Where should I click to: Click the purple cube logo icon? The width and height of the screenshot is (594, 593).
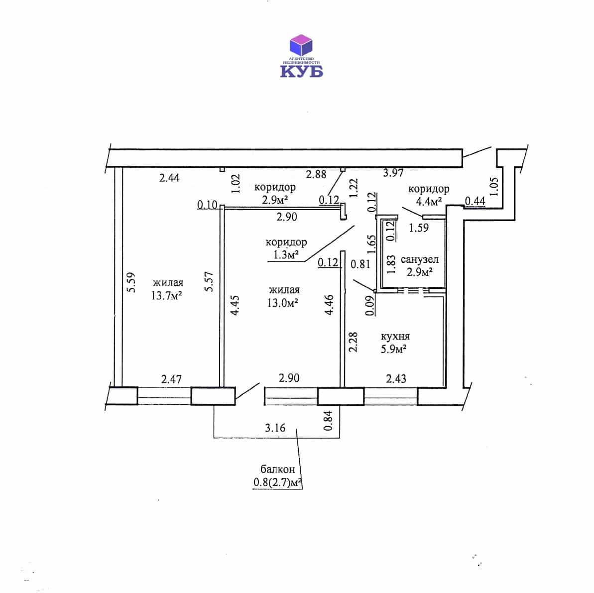[x=301, y=45]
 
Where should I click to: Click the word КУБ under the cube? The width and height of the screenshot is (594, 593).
[x=301, y=71]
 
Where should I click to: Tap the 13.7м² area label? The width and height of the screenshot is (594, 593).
[x=167, y=296]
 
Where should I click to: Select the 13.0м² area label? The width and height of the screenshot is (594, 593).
[x=283, y=303]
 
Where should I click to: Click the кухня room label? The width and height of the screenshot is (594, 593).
[x=395, y=337]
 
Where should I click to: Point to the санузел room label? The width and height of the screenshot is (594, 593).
[x=420, y=259]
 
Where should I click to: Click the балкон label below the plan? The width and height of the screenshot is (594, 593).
[x=278, y=469]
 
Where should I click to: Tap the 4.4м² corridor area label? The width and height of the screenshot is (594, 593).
[x=429, y=202]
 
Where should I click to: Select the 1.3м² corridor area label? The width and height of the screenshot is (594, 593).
[x=286, y=254]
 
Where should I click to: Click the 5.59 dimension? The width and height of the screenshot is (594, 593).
[x=130, y=282]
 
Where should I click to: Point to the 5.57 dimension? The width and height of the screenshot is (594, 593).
[x=209, y=281]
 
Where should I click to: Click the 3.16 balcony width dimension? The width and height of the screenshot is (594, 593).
[x=275, y=428]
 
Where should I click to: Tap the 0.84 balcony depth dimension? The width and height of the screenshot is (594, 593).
[x=328, y=421]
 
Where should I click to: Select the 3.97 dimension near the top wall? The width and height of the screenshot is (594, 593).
[x=393, y=173]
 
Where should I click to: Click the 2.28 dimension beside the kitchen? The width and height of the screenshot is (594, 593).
[x=353, y=342]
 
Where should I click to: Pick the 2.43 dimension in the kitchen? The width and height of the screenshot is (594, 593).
[x=396, y=378]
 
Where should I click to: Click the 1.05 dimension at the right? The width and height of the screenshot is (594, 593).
[x=494, y=186]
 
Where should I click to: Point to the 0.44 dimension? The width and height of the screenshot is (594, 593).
[x=475, y=201]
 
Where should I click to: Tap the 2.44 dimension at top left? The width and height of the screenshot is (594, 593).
[x=169, y=178]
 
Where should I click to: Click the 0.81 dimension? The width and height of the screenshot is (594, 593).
[x=360, y=264]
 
